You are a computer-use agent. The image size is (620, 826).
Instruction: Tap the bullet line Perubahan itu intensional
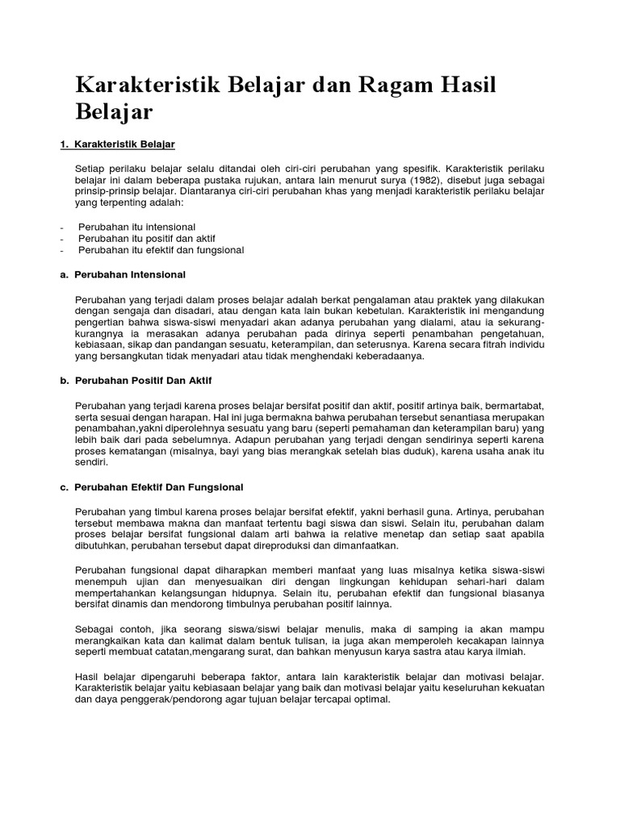tap(136, 227)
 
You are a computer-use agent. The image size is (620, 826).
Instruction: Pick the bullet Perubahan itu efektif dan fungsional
tap(161, 250)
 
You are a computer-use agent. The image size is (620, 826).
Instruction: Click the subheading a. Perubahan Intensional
tap(129, 274)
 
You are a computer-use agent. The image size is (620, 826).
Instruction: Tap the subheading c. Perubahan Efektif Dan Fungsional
tap(158, 487)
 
